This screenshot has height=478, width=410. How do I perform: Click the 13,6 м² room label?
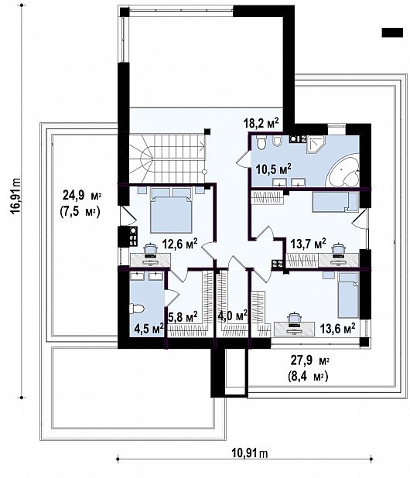click(x=337, y=326)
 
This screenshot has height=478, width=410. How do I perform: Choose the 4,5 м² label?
click(x=147, y=328)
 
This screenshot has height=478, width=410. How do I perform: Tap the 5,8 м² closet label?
click(x=183, y=316)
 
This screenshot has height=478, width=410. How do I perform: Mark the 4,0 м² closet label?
click(x=231, y=315)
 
